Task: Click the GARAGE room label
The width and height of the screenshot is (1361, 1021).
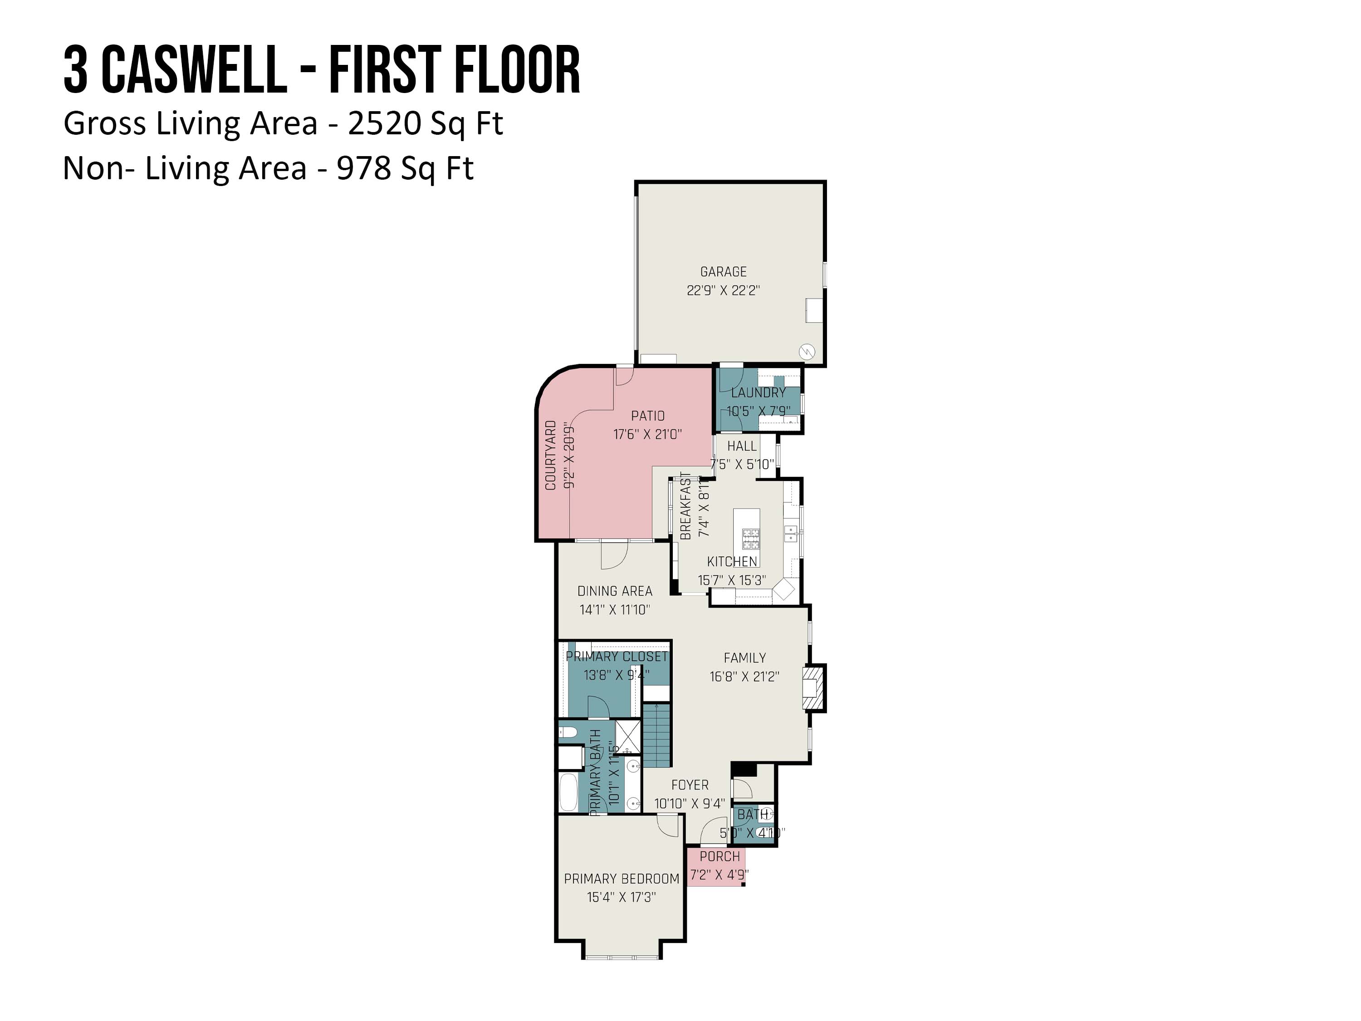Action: [x=723, y=271]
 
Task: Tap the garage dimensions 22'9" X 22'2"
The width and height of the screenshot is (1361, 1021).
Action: [x=723, y=290]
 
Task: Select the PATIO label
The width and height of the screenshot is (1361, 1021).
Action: [x=647, y=416]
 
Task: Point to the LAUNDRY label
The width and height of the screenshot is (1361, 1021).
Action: [x=758, y=393]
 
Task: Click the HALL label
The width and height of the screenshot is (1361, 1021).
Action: [x=742, y=446]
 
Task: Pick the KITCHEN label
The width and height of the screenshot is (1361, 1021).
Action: [x=732, y=561]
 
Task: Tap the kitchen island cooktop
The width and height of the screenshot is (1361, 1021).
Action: [x=751, y=539]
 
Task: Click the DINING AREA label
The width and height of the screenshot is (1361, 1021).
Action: [x=615, y=591]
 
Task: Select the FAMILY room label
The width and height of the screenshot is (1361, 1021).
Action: [x=744, y=658]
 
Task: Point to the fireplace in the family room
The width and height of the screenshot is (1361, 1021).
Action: [x=813, y=688]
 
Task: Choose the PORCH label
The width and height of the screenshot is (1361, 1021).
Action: [x=720, y=856]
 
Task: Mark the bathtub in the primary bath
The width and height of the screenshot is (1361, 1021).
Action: [x=568, y=793]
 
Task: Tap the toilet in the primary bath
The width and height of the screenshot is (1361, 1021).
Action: [x=567, y=732]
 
